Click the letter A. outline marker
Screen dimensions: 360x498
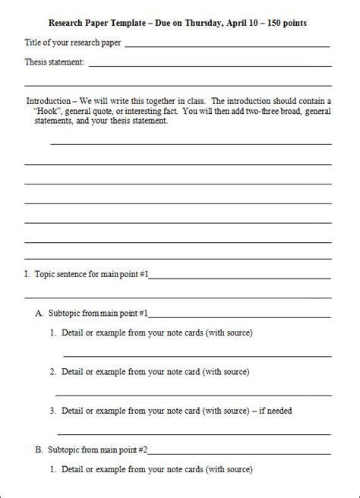39,312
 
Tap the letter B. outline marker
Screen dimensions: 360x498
39,449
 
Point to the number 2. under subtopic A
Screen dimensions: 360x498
53,372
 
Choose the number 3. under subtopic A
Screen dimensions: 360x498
53,411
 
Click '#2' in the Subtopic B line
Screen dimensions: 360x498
142,449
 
